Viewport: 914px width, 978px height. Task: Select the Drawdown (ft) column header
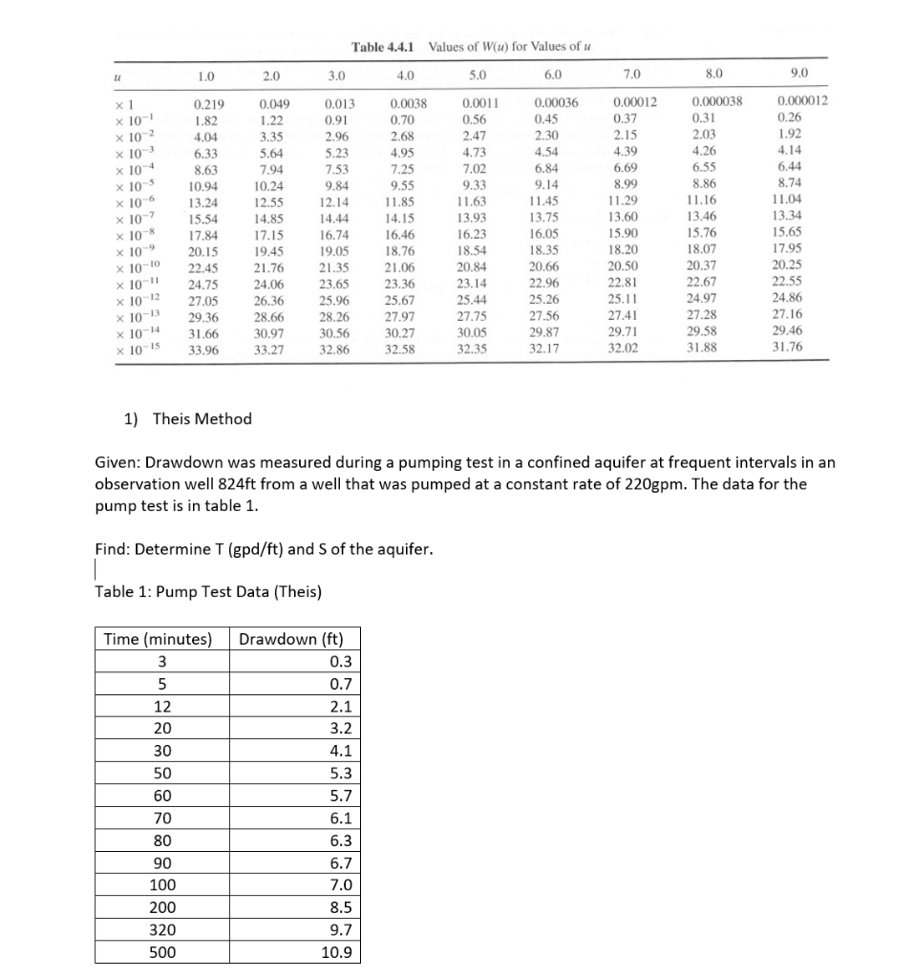(x=297, y=639)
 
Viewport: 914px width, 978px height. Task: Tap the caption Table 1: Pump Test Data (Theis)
(x=208, y=591)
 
